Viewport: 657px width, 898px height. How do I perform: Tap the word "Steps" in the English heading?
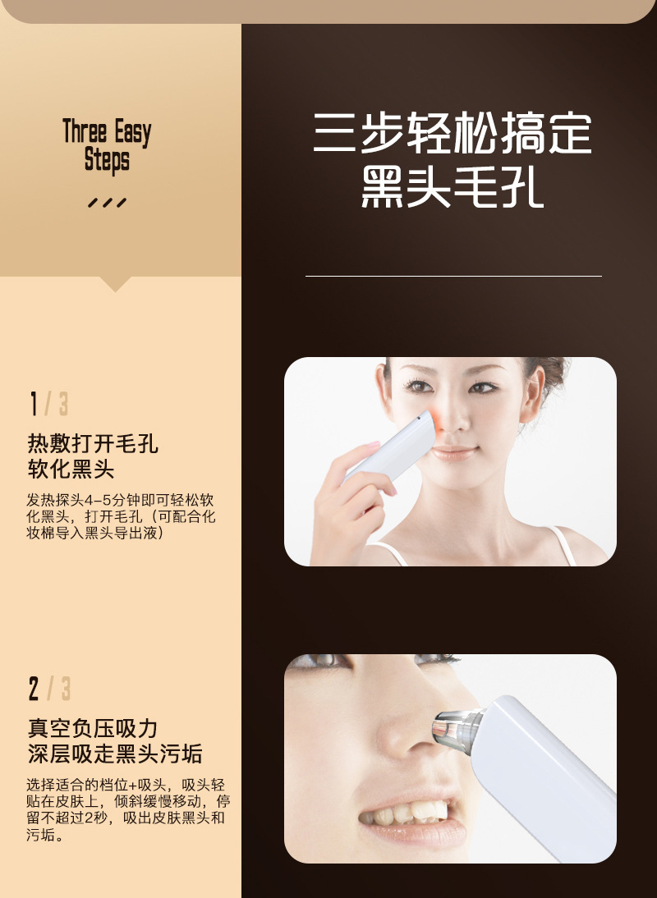107,160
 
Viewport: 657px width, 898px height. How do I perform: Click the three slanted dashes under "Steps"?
107,203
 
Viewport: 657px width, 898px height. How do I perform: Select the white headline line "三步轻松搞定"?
453,134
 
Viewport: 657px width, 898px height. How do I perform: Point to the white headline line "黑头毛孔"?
453,186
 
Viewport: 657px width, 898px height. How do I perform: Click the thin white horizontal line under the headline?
453,276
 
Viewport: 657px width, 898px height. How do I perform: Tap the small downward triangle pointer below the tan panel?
114,284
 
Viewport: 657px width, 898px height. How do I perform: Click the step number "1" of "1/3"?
34,404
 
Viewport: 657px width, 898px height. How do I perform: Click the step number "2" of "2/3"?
34,689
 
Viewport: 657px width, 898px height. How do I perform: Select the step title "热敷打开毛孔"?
93,444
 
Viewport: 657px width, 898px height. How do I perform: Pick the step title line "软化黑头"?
71,469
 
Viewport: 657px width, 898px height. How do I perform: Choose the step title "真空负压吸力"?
93,728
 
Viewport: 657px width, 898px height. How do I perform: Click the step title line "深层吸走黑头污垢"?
114,754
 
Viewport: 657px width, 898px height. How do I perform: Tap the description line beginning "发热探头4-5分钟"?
120,501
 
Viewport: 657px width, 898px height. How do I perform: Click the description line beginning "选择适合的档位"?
126,786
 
